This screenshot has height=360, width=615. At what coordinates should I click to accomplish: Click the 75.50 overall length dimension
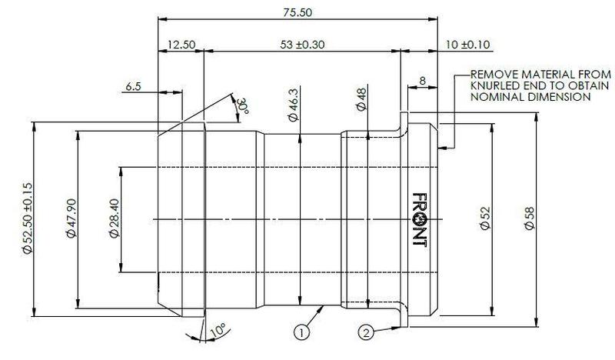click(x=296, y=13)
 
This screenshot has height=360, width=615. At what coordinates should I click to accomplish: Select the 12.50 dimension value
click(x=181, y=45)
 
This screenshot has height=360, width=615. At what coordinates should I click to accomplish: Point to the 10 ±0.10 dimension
click(x=469, y=45)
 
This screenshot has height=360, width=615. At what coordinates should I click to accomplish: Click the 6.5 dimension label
click(x=133, y=88)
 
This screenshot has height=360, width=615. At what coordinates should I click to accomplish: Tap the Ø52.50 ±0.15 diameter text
click(x=28, y=219)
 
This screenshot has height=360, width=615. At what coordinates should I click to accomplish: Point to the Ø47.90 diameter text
click(x=71, y=220)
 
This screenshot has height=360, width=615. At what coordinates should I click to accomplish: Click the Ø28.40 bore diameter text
click(x=114, y=220)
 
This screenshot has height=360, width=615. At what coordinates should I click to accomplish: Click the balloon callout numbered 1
click(x=302, y=334)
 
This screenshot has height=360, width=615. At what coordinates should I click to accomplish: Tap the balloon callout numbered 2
click(x=367, y=332)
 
